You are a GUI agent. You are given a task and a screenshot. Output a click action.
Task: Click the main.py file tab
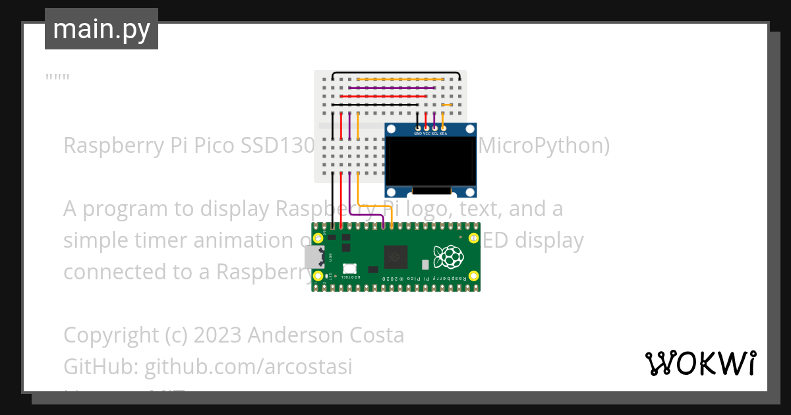(101, 29)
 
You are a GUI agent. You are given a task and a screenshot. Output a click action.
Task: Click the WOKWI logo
(700, 363)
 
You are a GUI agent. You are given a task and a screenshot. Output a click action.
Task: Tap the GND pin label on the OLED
(418, 134)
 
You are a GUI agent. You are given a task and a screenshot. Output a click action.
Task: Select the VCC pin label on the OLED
(426, 134)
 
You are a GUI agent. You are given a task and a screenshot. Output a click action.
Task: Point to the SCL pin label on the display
(435, 134)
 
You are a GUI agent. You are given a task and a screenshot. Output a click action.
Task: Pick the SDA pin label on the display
(444, 134)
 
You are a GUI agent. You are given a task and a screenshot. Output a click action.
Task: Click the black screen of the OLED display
(430, 161)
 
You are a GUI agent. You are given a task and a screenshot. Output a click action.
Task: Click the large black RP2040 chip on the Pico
(396, 256)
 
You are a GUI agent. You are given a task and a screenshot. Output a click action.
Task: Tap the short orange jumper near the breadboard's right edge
(446, 105)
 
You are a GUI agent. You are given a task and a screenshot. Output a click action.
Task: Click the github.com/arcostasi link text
(248, 366)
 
